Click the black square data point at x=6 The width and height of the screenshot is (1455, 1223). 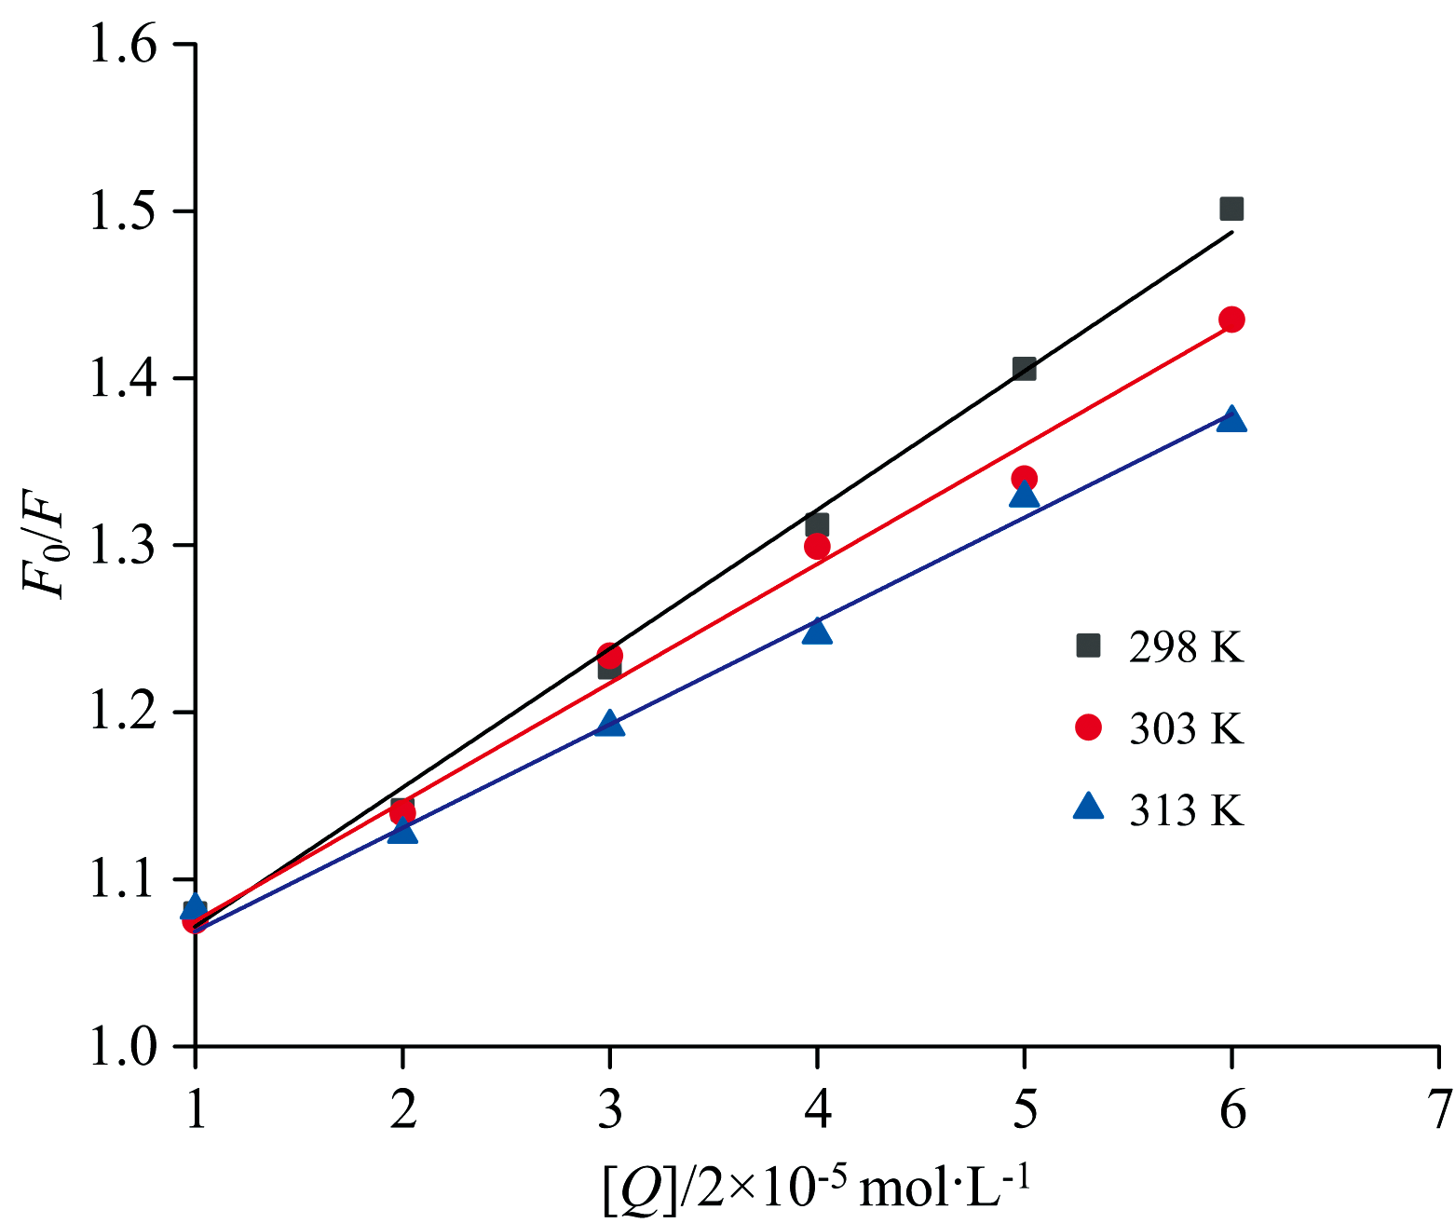click(x=1231, y=209)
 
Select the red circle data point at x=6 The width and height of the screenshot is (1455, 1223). click(x=1231, y=319)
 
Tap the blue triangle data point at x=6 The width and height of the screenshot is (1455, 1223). click(x=1231, y=419)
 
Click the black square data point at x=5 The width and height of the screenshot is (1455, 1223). click(x=1024, y=369)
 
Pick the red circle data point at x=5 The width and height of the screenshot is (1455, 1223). click(x=1024, y=479)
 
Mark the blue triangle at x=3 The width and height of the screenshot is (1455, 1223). click(x=609, y=724)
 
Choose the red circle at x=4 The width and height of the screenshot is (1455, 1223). click(x=817, y=546)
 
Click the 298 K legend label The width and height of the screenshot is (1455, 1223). click(x=1186, y=647)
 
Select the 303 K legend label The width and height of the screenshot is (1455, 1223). click(x=1186, y=728)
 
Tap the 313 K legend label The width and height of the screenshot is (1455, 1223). click(x=1186, y=810)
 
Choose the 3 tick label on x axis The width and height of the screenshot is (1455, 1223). click(x=609, y=1110)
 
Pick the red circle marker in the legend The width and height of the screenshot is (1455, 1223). click(x=1088, y=727)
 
